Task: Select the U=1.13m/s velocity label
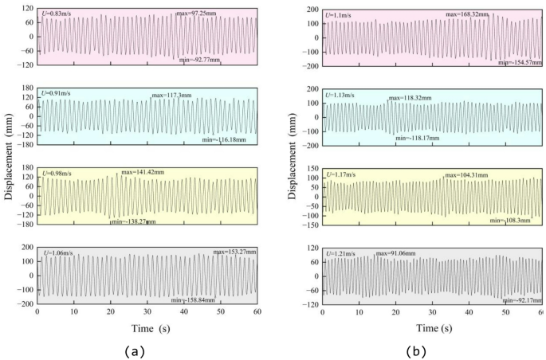coord(342,95)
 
